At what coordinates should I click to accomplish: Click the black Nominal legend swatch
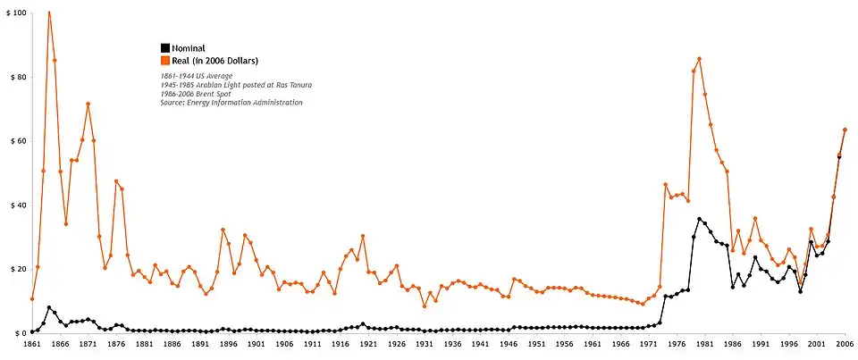[x=165, y=47]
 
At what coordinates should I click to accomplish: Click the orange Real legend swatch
[x=165, y=61]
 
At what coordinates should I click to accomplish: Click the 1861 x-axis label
[x=31, y=343]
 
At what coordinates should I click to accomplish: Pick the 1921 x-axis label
[x=368, y=343]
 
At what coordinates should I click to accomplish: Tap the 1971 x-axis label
[x=649, y=343]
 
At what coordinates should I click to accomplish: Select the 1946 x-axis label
[x=509, y=343]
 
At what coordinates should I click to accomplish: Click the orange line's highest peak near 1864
[x=48, y=13]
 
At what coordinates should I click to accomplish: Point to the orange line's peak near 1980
[x=699, y=59]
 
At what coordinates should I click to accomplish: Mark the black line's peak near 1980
[x=699, y=219]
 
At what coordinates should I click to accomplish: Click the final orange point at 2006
[x=845, y=130]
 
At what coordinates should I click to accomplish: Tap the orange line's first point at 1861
[x=31, y=298]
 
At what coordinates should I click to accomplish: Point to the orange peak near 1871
[x=88, y=104]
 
